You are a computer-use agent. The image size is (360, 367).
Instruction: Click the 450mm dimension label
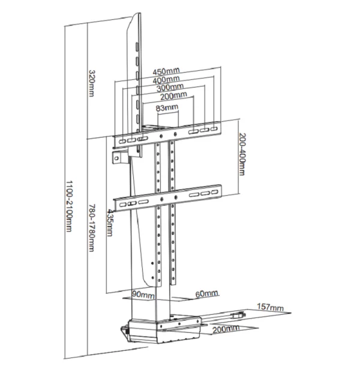[x=166, y=71]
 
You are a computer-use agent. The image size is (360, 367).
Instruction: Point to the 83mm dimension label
[x=167, y=108]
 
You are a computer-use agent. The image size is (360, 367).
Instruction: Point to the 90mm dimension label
[x=145, y=296]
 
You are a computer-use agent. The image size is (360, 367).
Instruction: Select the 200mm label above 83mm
[x=173, y=96]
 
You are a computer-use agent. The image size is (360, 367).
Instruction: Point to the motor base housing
[x=162, y=330]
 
